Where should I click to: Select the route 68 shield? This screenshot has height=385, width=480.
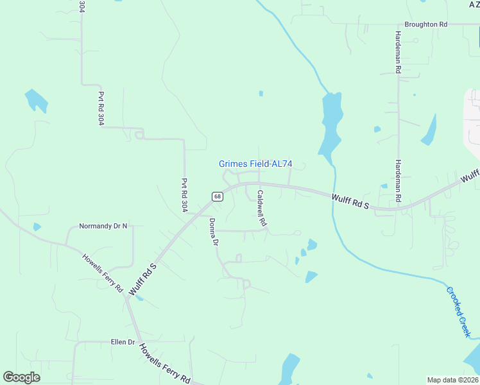[218, 196]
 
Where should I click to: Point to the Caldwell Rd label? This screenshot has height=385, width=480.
[262, 209]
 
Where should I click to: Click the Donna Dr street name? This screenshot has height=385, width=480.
[214, 232]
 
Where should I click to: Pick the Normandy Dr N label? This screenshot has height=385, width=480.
[103, 226]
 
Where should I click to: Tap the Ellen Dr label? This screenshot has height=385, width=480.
[123, 342]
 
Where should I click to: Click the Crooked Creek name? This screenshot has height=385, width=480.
[459, 311]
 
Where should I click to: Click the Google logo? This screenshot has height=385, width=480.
[21, 377]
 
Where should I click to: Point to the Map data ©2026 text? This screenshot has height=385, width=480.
[452, 380]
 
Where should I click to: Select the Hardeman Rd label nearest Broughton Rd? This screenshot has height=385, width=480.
[398, 51]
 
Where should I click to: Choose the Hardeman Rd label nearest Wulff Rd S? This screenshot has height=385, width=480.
[398, 181]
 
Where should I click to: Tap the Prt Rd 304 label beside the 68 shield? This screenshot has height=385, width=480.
[184, 195]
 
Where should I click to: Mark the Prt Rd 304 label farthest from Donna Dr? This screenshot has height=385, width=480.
[101, 108]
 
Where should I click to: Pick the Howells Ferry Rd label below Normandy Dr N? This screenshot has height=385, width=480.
[102, 273]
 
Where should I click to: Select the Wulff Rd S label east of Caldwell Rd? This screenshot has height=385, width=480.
[352, 202]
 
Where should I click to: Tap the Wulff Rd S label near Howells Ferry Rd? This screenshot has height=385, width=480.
[144, 278]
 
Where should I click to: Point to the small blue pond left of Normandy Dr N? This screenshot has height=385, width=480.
[37, 227]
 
